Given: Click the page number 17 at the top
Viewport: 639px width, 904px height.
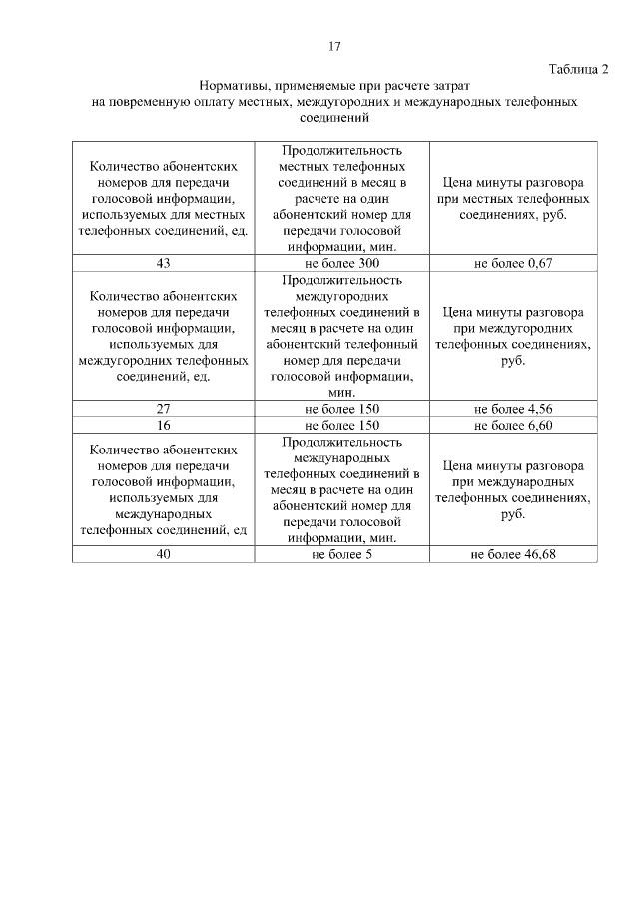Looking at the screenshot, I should coord(335,46).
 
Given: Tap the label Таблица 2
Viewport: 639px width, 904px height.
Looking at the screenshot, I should coord(578,68).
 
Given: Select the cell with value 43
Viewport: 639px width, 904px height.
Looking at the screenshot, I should coord(164,263).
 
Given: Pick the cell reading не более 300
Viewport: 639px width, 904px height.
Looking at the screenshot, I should coord(341,263).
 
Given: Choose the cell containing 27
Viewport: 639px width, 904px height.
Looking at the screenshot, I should coord(164,409).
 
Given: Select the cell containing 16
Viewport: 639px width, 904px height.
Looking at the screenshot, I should coord(164,425).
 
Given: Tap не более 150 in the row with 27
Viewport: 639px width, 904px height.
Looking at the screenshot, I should coord(341,409).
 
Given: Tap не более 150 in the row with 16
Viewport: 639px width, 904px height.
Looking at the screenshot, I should coord(341,425).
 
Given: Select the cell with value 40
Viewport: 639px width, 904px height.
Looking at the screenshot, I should coord(164,554).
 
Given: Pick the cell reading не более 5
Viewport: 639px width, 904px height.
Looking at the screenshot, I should coord(341,554).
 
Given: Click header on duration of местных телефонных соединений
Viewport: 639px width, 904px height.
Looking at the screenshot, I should coord(341,198).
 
